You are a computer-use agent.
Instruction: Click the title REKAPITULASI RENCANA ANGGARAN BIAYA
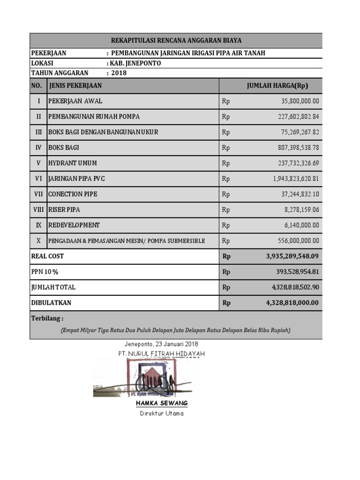coord(176,41)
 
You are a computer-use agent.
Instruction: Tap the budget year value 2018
coord(119,73)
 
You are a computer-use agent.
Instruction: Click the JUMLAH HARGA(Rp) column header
coord(277,86)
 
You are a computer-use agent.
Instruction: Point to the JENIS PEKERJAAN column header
coord(75,86)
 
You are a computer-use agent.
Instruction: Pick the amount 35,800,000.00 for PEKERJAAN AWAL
coord(300,101)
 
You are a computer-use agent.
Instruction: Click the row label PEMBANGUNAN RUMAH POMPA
coord(94,116)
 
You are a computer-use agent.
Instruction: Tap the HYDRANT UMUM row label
coord(73,163)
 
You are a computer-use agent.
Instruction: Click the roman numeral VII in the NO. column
coord(38,194)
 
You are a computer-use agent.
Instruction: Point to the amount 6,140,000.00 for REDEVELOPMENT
coord(302,225)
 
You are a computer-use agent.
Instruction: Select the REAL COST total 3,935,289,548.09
coord(292,256)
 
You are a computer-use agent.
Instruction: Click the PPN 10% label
coord(45,272)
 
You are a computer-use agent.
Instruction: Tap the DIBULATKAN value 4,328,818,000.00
coord(292,303)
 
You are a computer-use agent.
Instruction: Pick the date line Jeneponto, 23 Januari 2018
coord(161,345)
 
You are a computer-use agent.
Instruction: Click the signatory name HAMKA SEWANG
coord(162,403)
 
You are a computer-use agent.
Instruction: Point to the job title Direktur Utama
coord(162,413)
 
